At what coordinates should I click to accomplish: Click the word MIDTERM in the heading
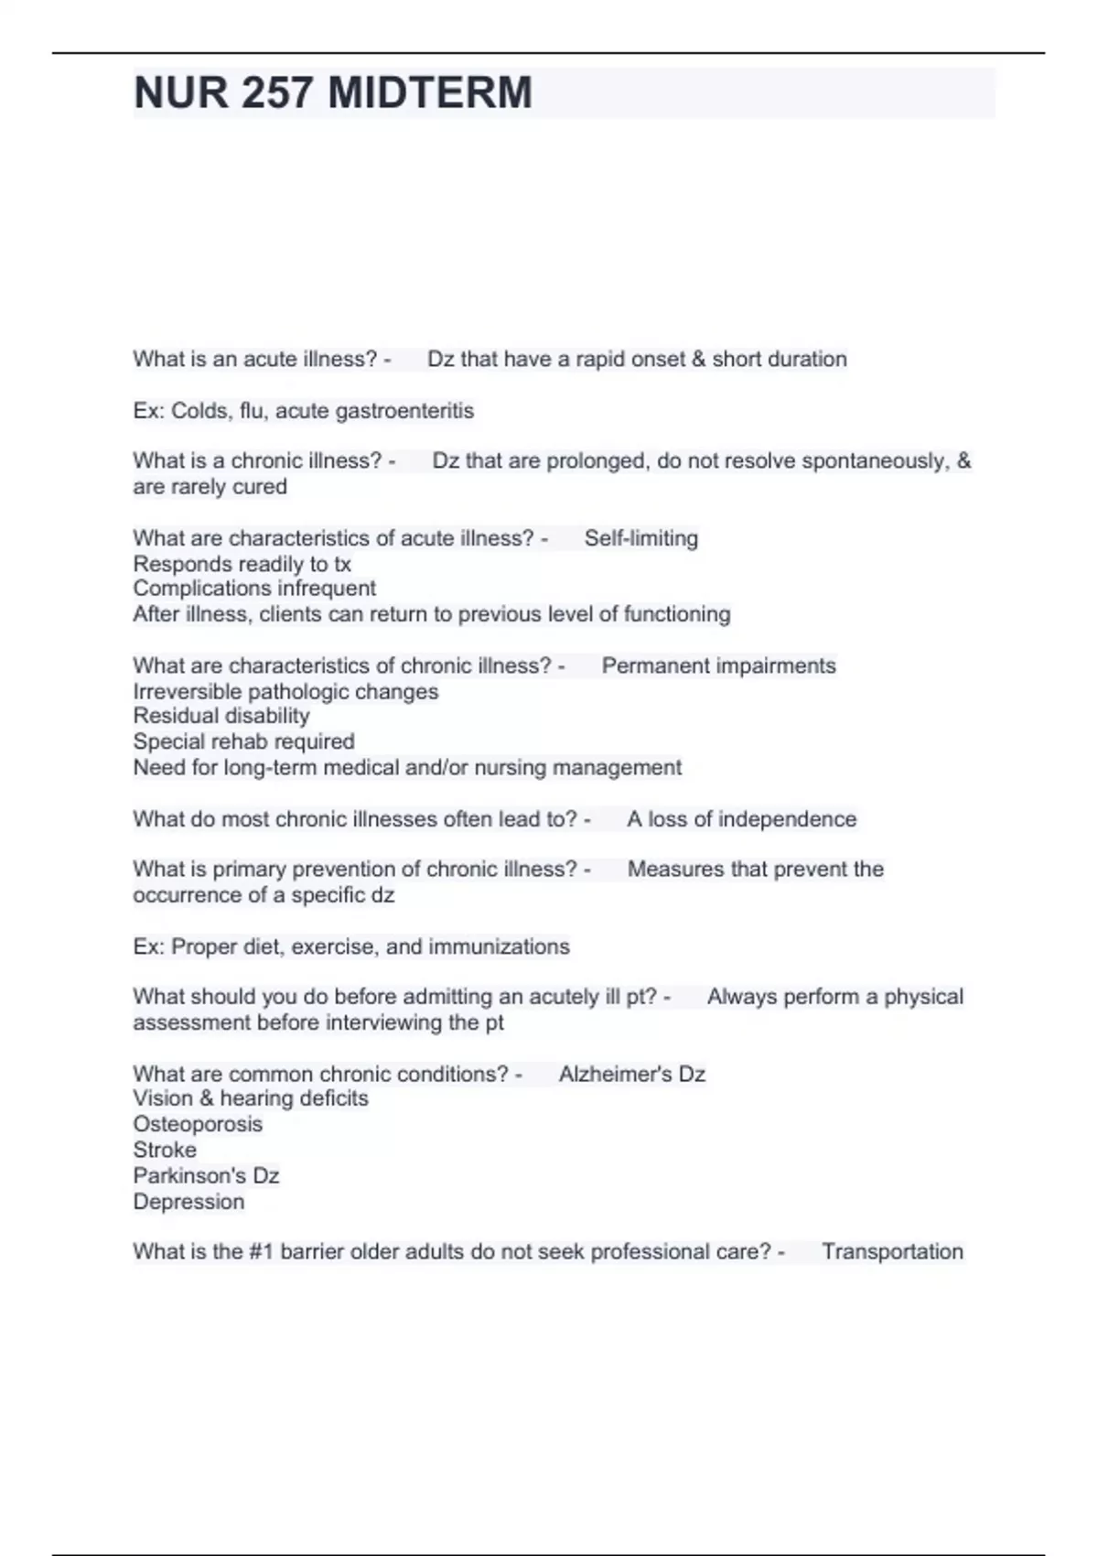pos(429,92)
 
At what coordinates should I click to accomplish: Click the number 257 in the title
pos(276,92)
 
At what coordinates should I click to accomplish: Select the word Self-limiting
pos(640,538)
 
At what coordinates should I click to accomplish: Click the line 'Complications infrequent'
pos(254,589)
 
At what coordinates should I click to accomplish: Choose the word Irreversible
pos(187,692)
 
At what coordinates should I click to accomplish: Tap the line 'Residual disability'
pos(221,716)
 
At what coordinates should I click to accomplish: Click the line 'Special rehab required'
pos(243,741)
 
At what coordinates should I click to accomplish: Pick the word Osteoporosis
pos(198,1124)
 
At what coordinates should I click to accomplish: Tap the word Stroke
pos(165,1150)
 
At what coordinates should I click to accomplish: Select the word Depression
pos(188,1202)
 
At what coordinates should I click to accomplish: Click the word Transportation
pos(892,1251)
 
